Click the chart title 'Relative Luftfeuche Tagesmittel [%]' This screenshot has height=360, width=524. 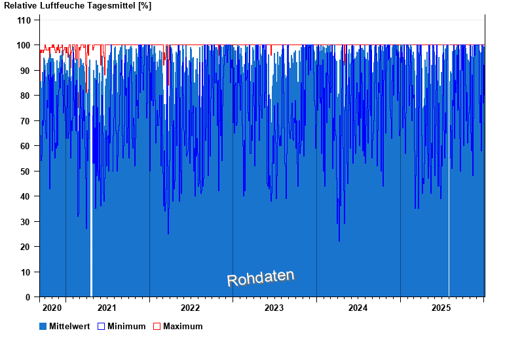coord(78,6)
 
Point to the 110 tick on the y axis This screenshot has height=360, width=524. coord(24,20)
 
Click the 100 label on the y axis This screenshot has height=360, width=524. coord(24,45)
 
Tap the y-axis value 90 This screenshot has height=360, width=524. coord(26,71)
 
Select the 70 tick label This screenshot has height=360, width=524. coord(26,121)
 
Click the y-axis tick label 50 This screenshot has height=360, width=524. coord(26,171)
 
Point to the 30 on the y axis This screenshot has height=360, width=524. coord(26,222)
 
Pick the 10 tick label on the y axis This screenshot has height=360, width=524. coord(26,272)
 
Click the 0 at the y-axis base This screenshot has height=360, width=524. coord(28,297)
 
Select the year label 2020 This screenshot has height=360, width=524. coord(52,308)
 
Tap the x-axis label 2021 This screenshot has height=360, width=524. coord(107,308)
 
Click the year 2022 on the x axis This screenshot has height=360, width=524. coord(191,308)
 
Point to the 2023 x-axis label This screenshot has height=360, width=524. coord(274,308)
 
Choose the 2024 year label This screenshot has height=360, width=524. coord(358,308)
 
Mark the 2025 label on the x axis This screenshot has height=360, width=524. coord(442,308)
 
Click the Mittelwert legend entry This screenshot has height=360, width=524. coord(69,326)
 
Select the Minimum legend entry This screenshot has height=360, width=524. coord(126,326)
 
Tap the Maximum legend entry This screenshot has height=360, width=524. coord(183,326)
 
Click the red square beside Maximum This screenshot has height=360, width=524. coord(157,326)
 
